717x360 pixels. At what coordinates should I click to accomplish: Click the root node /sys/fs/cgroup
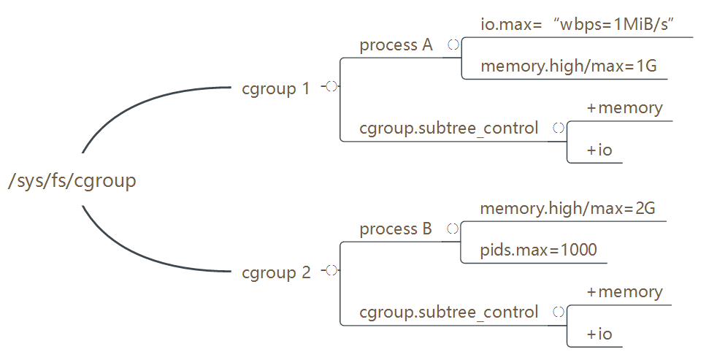(x=72, y=180)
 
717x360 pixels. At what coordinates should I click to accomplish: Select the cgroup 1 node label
(x=276, y=89)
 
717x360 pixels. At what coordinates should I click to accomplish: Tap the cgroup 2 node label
(x=276, y=273)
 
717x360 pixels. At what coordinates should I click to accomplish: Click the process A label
(x=396, y=45)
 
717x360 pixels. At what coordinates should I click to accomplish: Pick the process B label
(x=396, y=229)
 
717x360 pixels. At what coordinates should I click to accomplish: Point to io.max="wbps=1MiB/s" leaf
(x=576, y=24)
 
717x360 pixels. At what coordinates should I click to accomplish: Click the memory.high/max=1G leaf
(x=569, y=66)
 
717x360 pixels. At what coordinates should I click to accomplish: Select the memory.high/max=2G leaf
(x=567, y=208)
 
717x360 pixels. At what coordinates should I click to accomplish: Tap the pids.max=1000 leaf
(x=538, y=250)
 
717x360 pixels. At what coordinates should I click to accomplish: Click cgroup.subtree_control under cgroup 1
(x=448, y=129)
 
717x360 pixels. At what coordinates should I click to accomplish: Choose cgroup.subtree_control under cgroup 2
(x=448, y=313)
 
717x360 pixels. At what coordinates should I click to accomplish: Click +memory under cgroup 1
(x=624, y=108)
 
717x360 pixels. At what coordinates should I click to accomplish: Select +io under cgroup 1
(x=599, y=150)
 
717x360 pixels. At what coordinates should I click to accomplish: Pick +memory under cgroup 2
(x=624, y=292)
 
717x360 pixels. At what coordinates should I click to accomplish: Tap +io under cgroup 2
(x=599, y=334)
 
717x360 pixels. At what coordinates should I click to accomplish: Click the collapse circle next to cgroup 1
(x=331, y=86)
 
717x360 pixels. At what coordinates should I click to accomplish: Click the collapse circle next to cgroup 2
(x=331, y=270)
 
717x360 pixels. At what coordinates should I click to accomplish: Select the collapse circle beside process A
(x=453, y=45)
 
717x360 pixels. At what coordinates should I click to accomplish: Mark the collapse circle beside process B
(x=453, y=229)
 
